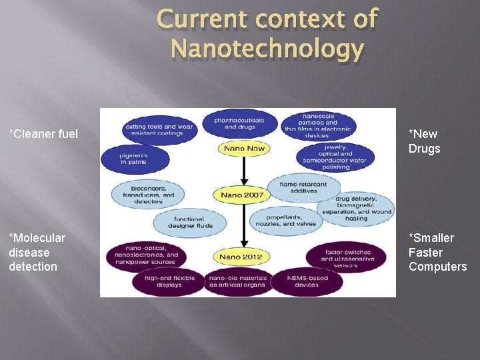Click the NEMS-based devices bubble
306,281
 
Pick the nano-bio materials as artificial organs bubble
237,281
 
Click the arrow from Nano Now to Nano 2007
245,171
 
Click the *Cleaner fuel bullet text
43,134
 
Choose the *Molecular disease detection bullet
37,252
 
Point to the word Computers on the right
437,267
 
